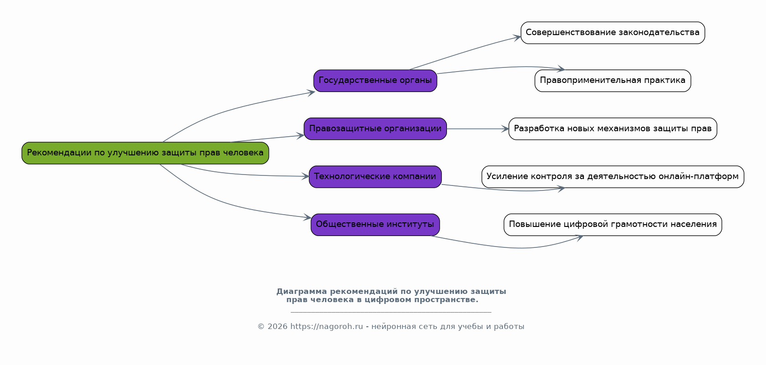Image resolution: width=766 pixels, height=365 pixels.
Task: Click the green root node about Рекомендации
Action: pos(145,153)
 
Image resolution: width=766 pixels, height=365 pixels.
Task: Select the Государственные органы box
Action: pos(375,81)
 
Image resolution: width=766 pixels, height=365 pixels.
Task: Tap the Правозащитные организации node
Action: pos(375,129)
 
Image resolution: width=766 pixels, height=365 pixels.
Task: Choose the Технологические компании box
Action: pos(375,177)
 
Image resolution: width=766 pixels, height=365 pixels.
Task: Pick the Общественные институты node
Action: pos(375,225)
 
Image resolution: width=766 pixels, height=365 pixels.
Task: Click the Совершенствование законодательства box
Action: pos(613,33)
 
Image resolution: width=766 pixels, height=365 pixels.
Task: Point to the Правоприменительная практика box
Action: pos(613,81)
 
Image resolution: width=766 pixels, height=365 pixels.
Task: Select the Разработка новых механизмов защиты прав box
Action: pos(613,129)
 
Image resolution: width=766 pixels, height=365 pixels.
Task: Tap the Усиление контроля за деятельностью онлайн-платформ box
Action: pos(613,177)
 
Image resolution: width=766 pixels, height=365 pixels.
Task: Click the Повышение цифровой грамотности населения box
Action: pos(613,225)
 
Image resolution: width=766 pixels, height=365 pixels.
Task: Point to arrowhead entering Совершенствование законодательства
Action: pos(518,37)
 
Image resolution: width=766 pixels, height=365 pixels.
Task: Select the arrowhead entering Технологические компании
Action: pos(306,176)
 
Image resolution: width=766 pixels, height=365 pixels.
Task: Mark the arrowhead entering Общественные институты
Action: pos(308,218)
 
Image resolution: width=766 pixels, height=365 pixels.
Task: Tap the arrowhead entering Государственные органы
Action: pos(311,93)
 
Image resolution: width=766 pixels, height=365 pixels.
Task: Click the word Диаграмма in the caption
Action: pos(301,292)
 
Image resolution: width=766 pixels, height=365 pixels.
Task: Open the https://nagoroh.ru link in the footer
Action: pos(326,327)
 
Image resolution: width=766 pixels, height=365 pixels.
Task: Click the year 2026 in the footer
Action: pos(277,327)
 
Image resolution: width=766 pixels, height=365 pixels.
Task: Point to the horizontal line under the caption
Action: pos(391,313)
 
